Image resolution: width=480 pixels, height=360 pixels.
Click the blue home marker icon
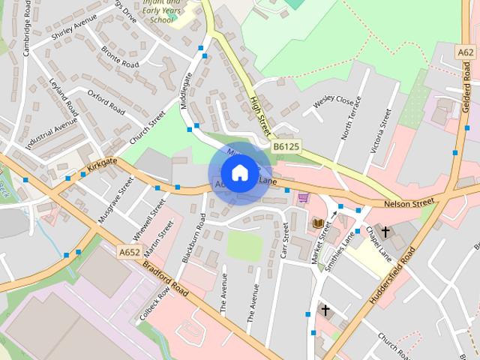click(x=239, y=173)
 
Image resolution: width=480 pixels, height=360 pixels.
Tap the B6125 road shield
click(x=286, y=146)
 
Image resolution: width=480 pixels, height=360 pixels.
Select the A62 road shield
click(x=466, y=52)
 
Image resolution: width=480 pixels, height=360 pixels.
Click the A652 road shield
click(x=129, y=253)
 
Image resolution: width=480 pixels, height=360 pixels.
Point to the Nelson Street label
click(x=409, y=202)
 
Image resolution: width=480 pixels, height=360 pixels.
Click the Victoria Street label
click(x=380, y=130)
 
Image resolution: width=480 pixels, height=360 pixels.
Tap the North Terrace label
click(x=350, y=118)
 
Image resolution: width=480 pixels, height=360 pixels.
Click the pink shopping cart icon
click(x=302, y=198)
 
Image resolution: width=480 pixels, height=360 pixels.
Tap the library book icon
click(x=317, y=223)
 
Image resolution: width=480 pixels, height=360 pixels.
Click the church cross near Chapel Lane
click(x=385, y=232)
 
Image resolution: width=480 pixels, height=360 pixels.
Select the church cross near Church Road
click(x=325, y=309)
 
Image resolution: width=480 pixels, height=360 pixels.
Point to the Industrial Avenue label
click(x=51, y=133)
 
